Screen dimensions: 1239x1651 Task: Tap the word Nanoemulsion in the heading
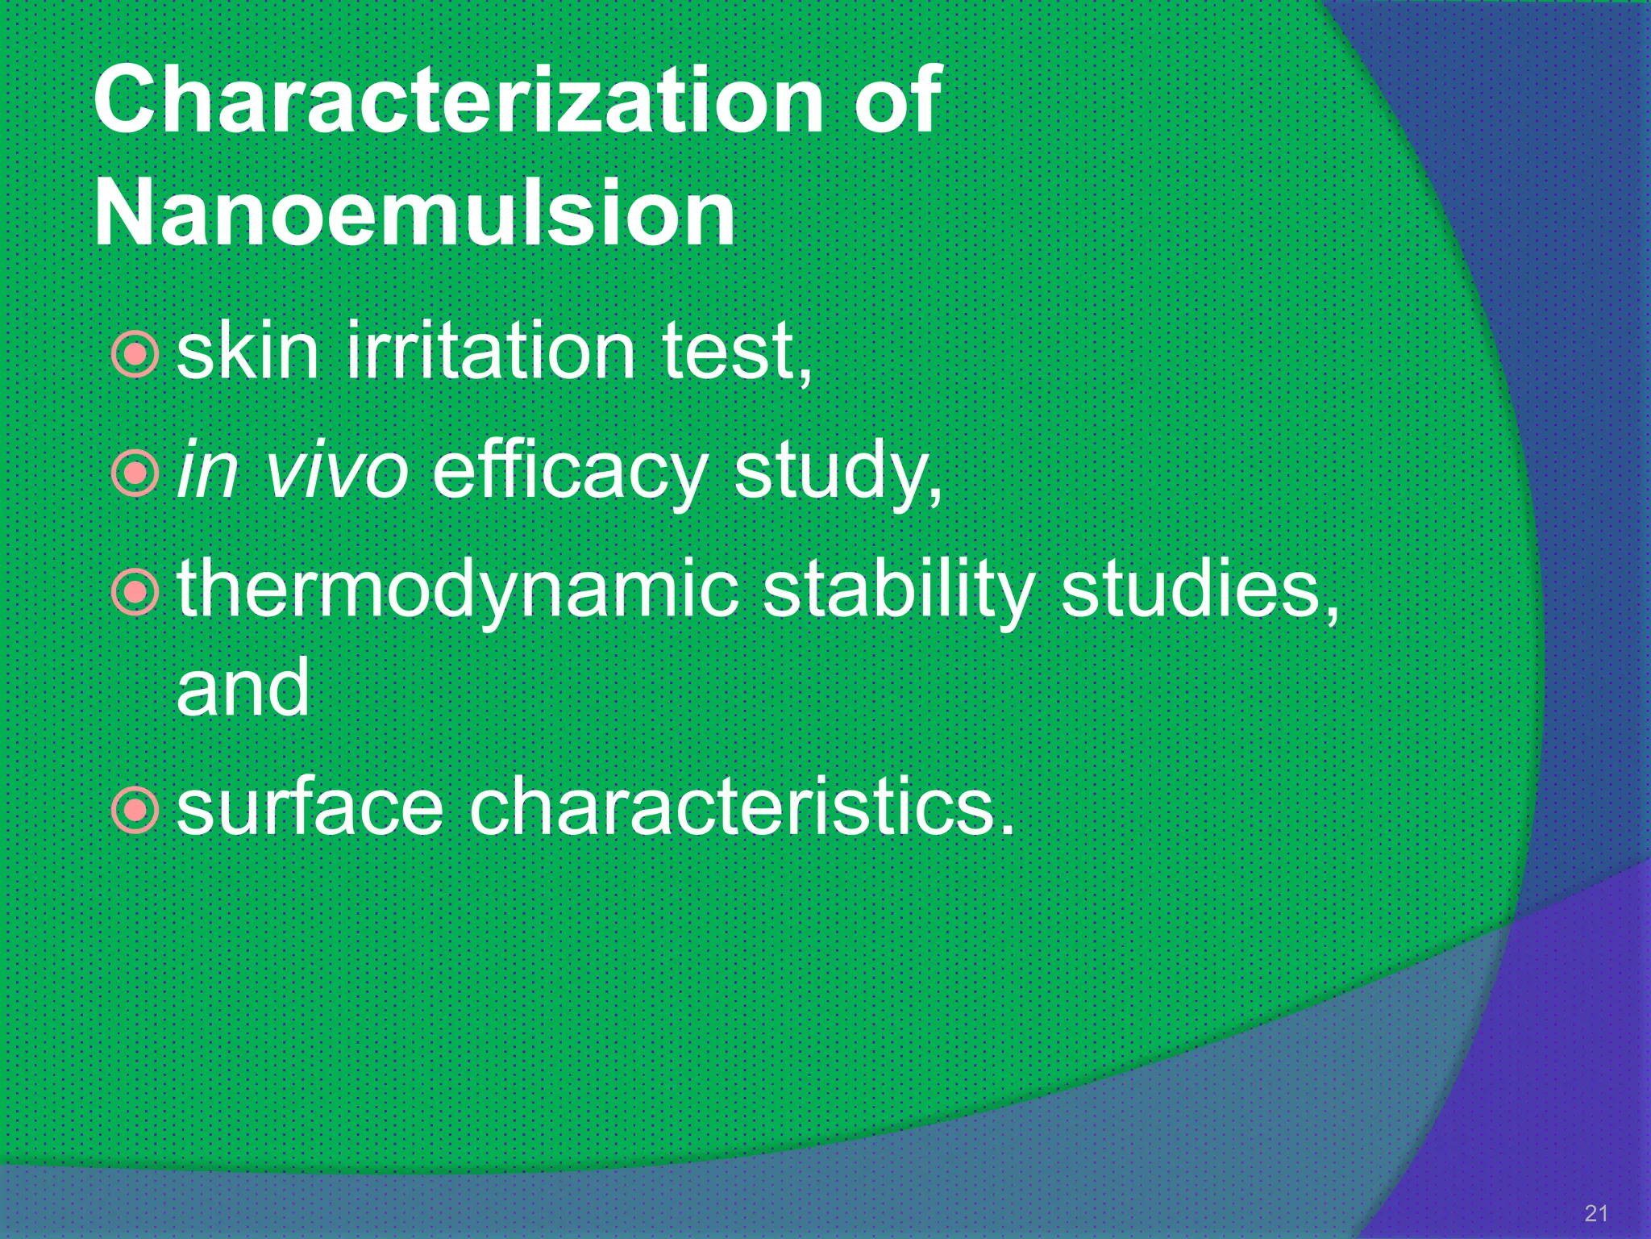pyautogui.click(x=414, y=214)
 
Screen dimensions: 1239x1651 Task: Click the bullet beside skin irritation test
pyautogui.click(x=135, y=353)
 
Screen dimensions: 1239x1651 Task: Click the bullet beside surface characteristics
pyautogui.click(x=135, y=809)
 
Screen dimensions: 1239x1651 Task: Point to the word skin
pyautogui.click(x=247, y=352)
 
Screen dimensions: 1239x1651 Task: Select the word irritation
pyautogui.click(x=491, y=352)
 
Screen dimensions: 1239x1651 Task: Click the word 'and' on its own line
pyautogui.click(x=242, y=687)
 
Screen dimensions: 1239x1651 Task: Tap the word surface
pyautogui.click(x=310, y=807)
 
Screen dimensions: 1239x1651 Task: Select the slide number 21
pyautogui.click(x=1595, y=1212)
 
